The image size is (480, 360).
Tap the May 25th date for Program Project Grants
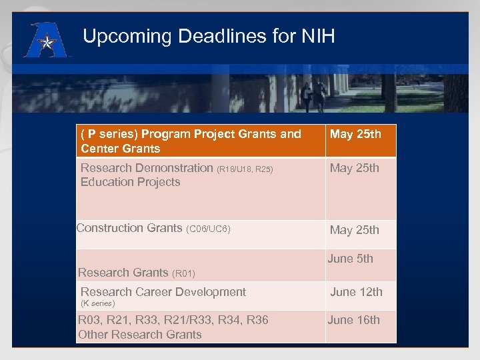355,134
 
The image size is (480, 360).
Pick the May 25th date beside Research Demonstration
355,168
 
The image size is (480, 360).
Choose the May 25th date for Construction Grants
355,230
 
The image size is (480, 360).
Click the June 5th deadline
350,259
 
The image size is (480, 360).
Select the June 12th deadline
356,292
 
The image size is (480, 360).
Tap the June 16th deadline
353,320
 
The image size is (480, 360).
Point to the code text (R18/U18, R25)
245,169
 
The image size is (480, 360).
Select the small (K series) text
97,303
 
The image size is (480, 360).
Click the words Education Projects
130,182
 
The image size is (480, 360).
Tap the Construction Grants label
129,228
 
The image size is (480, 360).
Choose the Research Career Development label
163,292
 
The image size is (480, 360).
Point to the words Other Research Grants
139,335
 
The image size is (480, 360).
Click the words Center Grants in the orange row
120,149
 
